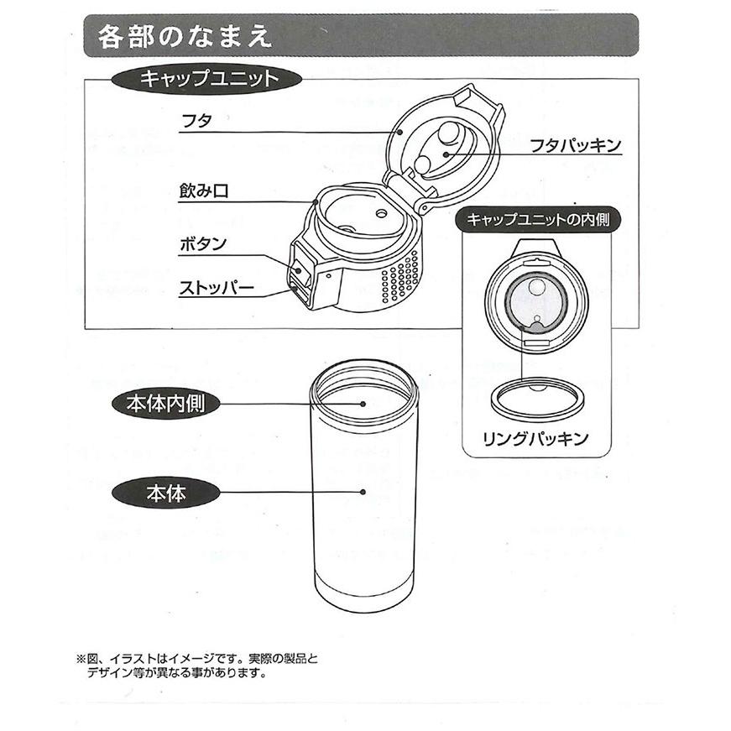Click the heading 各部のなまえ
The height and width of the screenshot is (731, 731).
coord(184,37)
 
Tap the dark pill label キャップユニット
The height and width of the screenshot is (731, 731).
coord(207,80)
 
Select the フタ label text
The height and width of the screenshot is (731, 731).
coord(196,121)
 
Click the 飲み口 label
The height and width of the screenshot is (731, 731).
coord(203,191)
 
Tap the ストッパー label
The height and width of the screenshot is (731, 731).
coord(216,288)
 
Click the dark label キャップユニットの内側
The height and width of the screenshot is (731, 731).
coord(543,220)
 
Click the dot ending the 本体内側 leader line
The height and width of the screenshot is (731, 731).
coord(363,404)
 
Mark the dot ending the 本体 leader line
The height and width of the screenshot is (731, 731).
coord(363,493)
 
